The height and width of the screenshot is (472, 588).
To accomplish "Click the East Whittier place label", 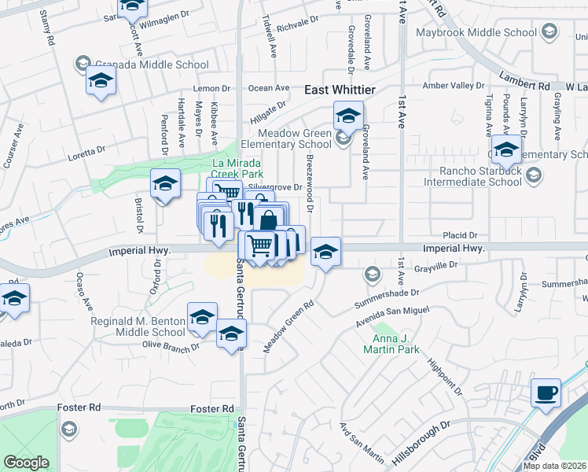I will click(x=340, y=91).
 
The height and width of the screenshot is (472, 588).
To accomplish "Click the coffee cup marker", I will click(x=546, y=392).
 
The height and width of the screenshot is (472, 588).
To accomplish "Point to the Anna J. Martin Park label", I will click(x=391, y=344).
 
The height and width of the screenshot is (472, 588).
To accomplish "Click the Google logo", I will click(x=26, y=463).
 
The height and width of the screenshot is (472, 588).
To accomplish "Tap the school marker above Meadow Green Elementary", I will click(x=347, y=116).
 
